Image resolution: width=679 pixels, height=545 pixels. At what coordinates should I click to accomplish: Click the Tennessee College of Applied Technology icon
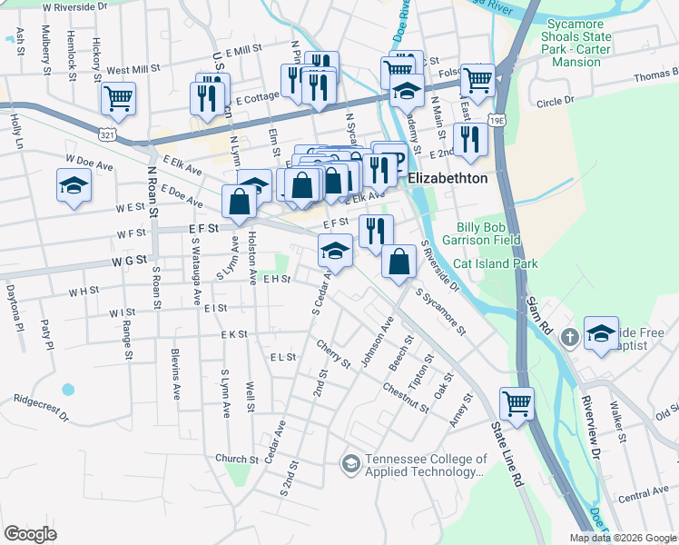tap(350, 464)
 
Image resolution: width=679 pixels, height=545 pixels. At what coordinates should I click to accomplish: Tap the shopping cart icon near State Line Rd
tap(517, 402)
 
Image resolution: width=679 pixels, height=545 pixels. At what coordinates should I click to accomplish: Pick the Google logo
tap(30, 534)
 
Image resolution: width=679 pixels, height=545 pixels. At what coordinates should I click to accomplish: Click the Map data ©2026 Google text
tap(623, 538)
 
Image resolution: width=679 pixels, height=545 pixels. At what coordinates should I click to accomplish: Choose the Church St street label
tap(238, 459)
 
